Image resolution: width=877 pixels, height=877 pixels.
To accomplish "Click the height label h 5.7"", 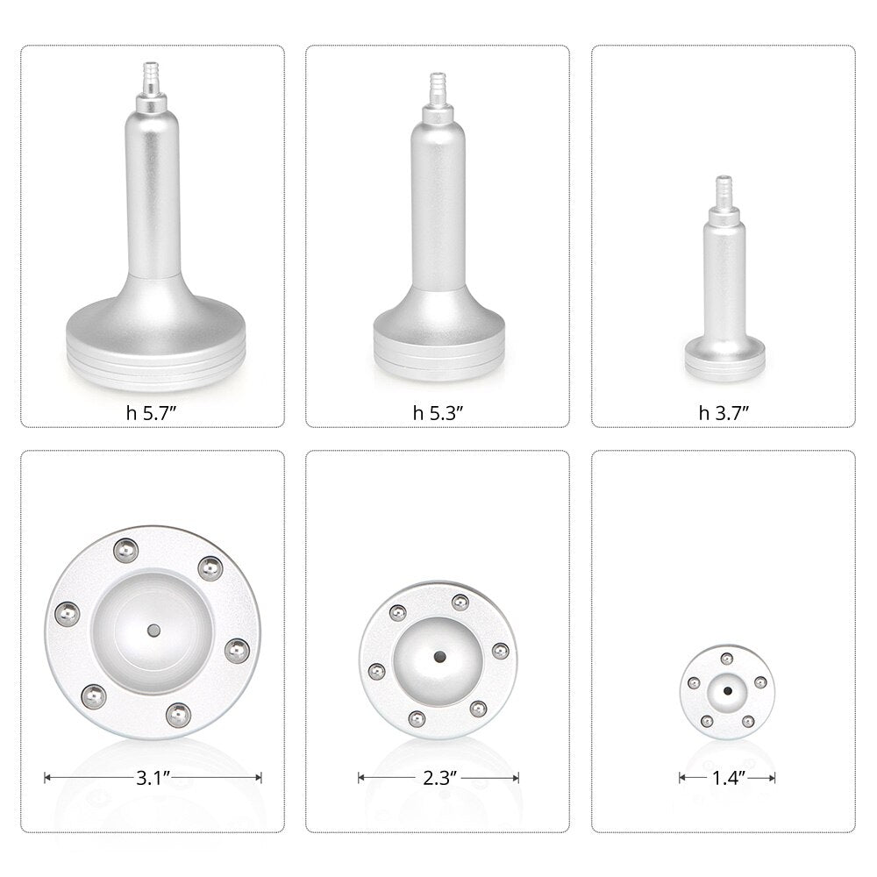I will click(x=153, y=414).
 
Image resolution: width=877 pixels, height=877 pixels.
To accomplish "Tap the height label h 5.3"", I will click(x=438, y=414).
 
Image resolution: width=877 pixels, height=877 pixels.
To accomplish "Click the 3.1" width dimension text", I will click(x=153, y=777).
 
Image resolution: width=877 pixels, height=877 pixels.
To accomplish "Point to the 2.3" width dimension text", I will click(x=438, y=777).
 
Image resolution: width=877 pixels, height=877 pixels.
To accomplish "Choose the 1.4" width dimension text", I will click(x=726, y=777).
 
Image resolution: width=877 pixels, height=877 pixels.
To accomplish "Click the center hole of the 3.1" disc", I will click(x=153, y=630).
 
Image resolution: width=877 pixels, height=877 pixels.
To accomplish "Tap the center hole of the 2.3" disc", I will click(x=438, y=656).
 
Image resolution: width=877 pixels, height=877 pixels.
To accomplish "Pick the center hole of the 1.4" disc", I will click(x=726, y=691).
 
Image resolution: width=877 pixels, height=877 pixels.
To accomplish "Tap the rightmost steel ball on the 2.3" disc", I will click(x=500, y=650).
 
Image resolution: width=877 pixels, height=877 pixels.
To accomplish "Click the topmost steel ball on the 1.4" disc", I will click(x=726, y=659).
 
